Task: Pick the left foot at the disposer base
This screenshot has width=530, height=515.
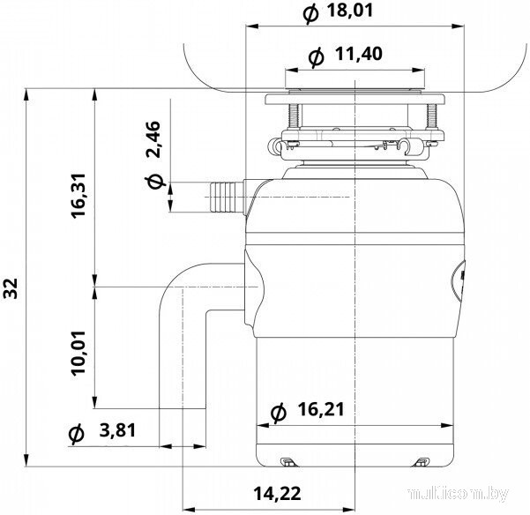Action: (287, 461)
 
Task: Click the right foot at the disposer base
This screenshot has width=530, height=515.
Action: (422, 461)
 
